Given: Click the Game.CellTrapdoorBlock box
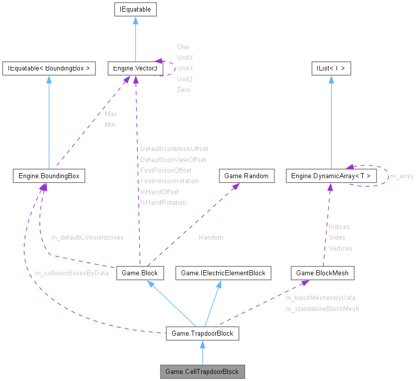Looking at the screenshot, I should pos(202,372).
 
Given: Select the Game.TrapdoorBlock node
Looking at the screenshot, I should pos(202,333).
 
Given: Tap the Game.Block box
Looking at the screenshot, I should pos(139,273).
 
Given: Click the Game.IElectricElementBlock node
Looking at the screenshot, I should pos(223,273).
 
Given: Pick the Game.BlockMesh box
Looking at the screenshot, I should pos(322,273).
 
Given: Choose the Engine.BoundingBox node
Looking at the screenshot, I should pos(49,176).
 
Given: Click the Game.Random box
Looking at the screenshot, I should pos(246,176).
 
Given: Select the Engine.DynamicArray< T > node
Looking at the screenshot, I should pos(330,176).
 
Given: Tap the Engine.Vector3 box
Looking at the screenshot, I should pos(133,68).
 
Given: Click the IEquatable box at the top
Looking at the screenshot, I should pos(135,9).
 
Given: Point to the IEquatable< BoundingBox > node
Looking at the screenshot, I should pos(49,68).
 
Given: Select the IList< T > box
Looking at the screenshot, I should pos(330,68).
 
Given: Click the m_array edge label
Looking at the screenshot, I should pos(402,176).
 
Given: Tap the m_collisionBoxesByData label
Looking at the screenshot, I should pos(71,273).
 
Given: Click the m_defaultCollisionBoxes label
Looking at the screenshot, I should pos(87,237).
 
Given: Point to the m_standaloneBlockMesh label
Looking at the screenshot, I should pos(322,309).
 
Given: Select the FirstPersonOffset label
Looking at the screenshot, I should pos(165,170).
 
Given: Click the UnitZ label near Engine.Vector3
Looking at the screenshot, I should pos(185,79).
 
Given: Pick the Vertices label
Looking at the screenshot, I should pos(340,248).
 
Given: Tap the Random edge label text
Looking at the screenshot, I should pos(210,237).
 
